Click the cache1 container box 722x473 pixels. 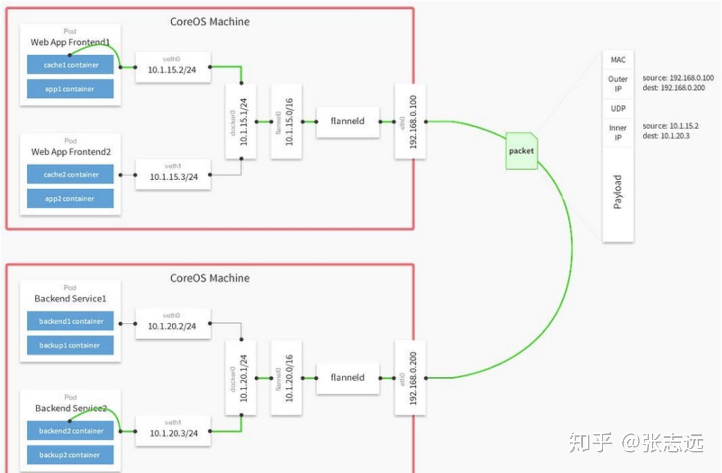(x=70, y=65)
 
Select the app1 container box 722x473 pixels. (x=70, y=89)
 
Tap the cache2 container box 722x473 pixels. (x=70, y=175)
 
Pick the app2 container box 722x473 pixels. (x=70, y=198)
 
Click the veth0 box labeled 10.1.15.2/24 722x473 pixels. (x=173, y=67)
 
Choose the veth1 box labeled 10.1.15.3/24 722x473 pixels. (x=173, y=175)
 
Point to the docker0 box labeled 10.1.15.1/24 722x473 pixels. (x=240, y=122)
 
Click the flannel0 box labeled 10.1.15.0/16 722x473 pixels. (x=286, y=122)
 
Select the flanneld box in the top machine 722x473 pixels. (x=348, y=122)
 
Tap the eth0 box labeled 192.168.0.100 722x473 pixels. (x=410, y=122)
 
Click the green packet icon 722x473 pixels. (x=521, y=151)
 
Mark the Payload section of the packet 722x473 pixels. (x=618, y=193)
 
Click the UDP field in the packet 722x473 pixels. (x=618, y=109)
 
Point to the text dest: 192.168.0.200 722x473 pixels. (x=673, y=88)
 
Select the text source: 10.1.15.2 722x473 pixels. (x=670, y=126)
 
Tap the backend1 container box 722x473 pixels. (x=70, y=321)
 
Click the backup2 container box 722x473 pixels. (x=70, y=455)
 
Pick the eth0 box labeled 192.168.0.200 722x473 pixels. (x=410, y=378)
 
